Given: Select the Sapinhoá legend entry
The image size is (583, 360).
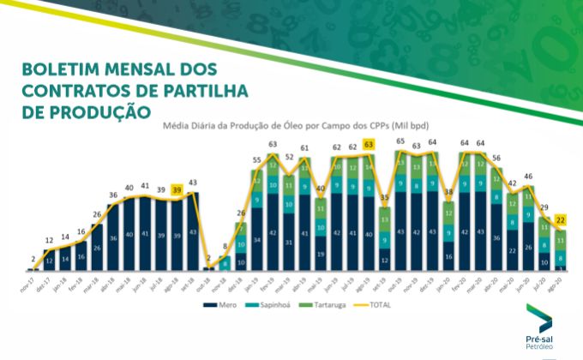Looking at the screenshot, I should (x=263, y=304).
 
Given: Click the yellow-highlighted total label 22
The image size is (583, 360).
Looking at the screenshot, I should (x=561, y=220).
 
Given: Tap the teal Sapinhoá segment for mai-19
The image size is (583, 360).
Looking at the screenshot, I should (x=320, y=226).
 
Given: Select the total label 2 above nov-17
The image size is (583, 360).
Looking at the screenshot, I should (x=33, y=258).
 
